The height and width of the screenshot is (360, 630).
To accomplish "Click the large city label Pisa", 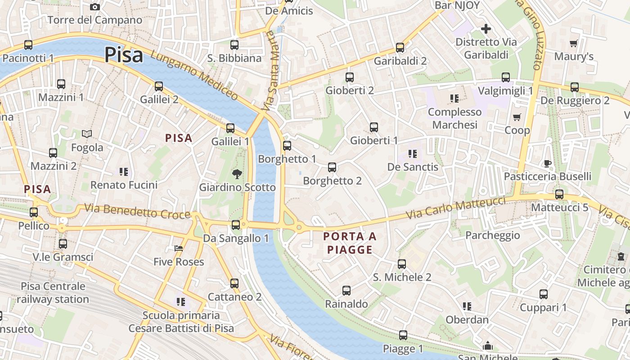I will tap(124, 55).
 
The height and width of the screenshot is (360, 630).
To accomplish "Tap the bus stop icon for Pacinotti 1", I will tap(28, 45).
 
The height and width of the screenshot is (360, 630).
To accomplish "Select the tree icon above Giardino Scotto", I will tap(236, 174).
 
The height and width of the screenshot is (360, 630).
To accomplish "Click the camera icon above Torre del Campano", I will tap(94, 6).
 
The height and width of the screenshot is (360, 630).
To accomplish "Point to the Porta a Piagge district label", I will tap(350, 243).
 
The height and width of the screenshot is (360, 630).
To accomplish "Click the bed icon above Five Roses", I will tap(179, 248).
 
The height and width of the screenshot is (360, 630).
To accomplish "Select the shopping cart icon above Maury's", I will tap(573, 43).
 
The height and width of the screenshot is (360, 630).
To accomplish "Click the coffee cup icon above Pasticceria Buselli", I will tap(547, 163).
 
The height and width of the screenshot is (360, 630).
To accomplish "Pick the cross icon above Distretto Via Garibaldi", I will tap(486, 29).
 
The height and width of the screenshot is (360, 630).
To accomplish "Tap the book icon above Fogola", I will tap(87, 134).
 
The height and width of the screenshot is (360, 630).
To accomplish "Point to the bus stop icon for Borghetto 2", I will tap(332, 167).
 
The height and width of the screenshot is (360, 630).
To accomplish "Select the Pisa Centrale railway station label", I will tap(53, 292).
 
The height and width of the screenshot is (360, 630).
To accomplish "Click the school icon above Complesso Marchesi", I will tap(454, 98).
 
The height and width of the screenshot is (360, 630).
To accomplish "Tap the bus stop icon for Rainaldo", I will tap(346, 291).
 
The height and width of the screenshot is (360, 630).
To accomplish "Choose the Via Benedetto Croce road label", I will tap(137, 211).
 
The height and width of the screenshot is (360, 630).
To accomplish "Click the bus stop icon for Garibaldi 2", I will tap(400, 48).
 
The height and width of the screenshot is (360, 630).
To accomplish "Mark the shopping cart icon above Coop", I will tap(517, 117).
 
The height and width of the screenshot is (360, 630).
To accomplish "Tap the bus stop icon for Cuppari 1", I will tap(544, 294).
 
